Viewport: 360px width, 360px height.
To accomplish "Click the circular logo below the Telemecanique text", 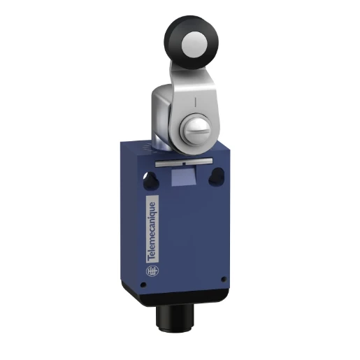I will tap(153, 270).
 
